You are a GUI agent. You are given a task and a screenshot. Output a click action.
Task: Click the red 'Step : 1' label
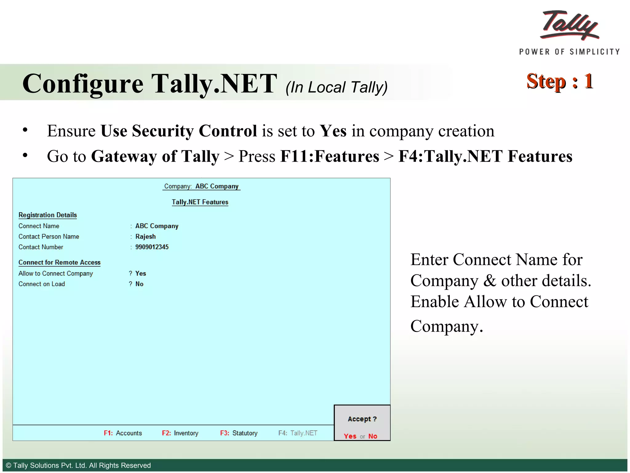click(560, 81)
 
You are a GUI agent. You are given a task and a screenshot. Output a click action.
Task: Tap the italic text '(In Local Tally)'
click(336, 87)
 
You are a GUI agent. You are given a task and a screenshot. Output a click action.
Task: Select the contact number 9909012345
click(152, 247)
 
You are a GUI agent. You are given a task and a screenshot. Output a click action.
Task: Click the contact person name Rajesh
click(146, 236)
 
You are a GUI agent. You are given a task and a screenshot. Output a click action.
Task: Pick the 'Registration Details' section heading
click(48, 215)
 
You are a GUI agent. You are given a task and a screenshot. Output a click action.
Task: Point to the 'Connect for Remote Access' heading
click(59, 262)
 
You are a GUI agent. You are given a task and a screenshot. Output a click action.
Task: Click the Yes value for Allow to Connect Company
click(141, 273)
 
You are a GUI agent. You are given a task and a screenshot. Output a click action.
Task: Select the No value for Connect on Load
click(139, 284)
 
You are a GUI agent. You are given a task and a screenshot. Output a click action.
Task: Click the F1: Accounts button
click(123, 433)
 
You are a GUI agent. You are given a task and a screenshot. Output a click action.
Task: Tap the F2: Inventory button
click(180, 433)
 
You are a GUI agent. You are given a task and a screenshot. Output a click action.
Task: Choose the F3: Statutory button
click(239, 433)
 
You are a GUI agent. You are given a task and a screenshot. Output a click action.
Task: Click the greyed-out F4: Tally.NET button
click(297, 433)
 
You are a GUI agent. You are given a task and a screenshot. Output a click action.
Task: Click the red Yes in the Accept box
click(350, 436)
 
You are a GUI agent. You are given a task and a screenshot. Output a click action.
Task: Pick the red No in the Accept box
click(373, 436)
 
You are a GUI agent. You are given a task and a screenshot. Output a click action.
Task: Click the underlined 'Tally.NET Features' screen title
click(200, 202)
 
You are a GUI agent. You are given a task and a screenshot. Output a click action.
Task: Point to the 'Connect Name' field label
click(39, 226)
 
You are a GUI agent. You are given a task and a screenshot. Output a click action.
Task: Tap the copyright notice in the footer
click(78, 465)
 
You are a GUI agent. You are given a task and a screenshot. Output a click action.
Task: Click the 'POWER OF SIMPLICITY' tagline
click(569, 52)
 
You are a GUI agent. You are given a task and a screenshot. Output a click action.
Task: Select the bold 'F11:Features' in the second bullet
click(329, 156)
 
